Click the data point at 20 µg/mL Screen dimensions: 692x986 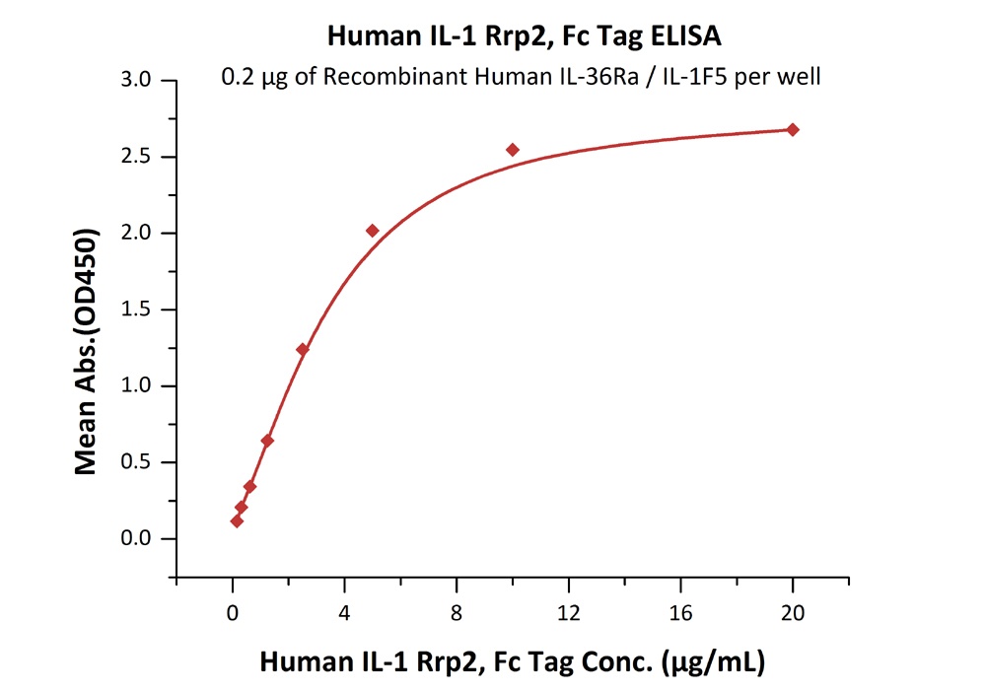793,130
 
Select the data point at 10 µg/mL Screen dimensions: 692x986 513,150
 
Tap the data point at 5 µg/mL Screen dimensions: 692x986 373,231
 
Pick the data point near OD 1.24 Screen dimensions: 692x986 303,349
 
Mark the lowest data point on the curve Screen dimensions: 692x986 237,520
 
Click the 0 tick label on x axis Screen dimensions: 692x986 233,612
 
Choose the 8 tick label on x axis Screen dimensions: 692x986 457,612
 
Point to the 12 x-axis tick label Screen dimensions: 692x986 569,612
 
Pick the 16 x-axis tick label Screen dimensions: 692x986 680,612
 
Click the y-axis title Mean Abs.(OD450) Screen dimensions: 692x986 87,352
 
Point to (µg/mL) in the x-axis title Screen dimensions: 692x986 712,661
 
